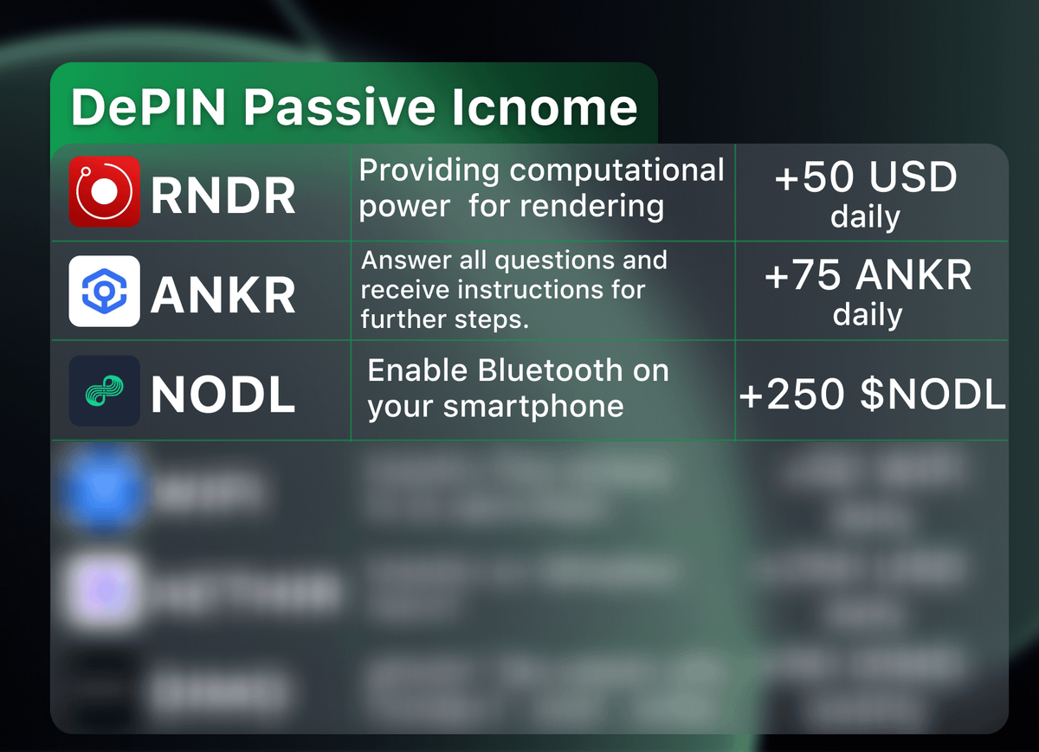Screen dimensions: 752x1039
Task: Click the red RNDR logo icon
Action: point(104,191)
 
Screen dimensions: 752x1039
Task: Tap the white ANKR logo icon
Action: point(104,291)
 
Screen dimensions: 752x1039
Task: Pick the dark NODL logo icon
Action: point(104,390)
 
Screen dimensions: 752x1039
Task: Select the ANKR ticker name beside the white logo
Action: point(223,295)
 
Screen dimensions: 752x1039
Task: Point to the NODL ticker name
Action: point(223,395)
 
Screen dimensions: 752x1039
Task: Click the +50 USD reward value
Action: point(866,178)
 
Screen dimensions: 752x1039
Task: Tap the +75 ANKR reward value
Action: point(868,276)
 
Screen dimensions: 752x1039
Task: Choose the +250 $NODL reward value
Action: point(872,395)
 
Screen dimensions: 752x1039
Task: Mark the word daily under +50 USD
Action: point(865,217)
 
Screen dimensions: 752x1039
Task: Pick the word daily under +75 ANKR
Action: point(868,314)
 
